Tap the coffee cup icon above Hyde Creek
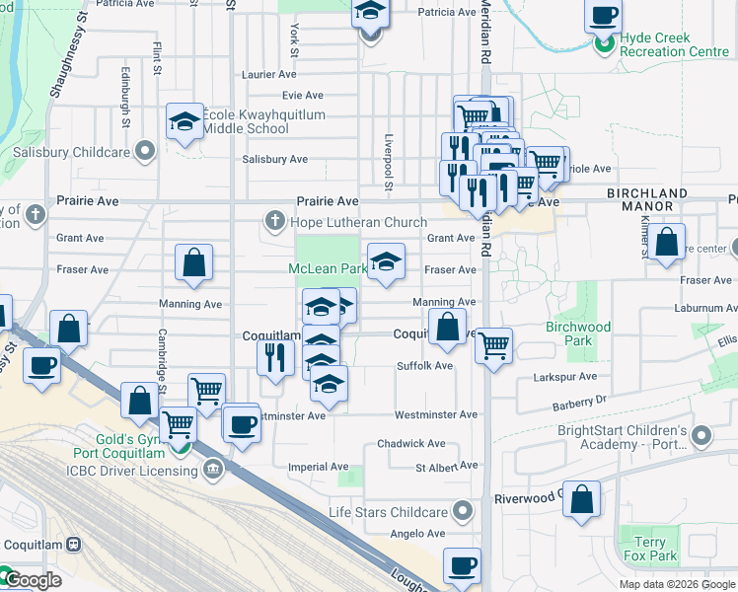click(603, 16)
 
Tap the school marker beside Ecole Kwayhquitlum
click(184, 122)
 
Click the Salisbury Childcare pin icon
click(146, 152)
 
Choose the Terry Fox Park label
click(656, 550)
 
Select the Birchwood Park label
click(577, 333)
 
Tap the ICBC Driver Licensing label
click(133, 471)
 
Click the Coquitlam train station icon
click(73, 545)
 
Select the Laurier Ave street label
click(268, 74)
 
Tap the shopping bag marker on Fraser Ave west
click(194, 262)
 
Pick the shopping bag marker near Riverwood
click(582, 500)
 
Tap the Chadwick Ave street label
click(410, 444)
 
